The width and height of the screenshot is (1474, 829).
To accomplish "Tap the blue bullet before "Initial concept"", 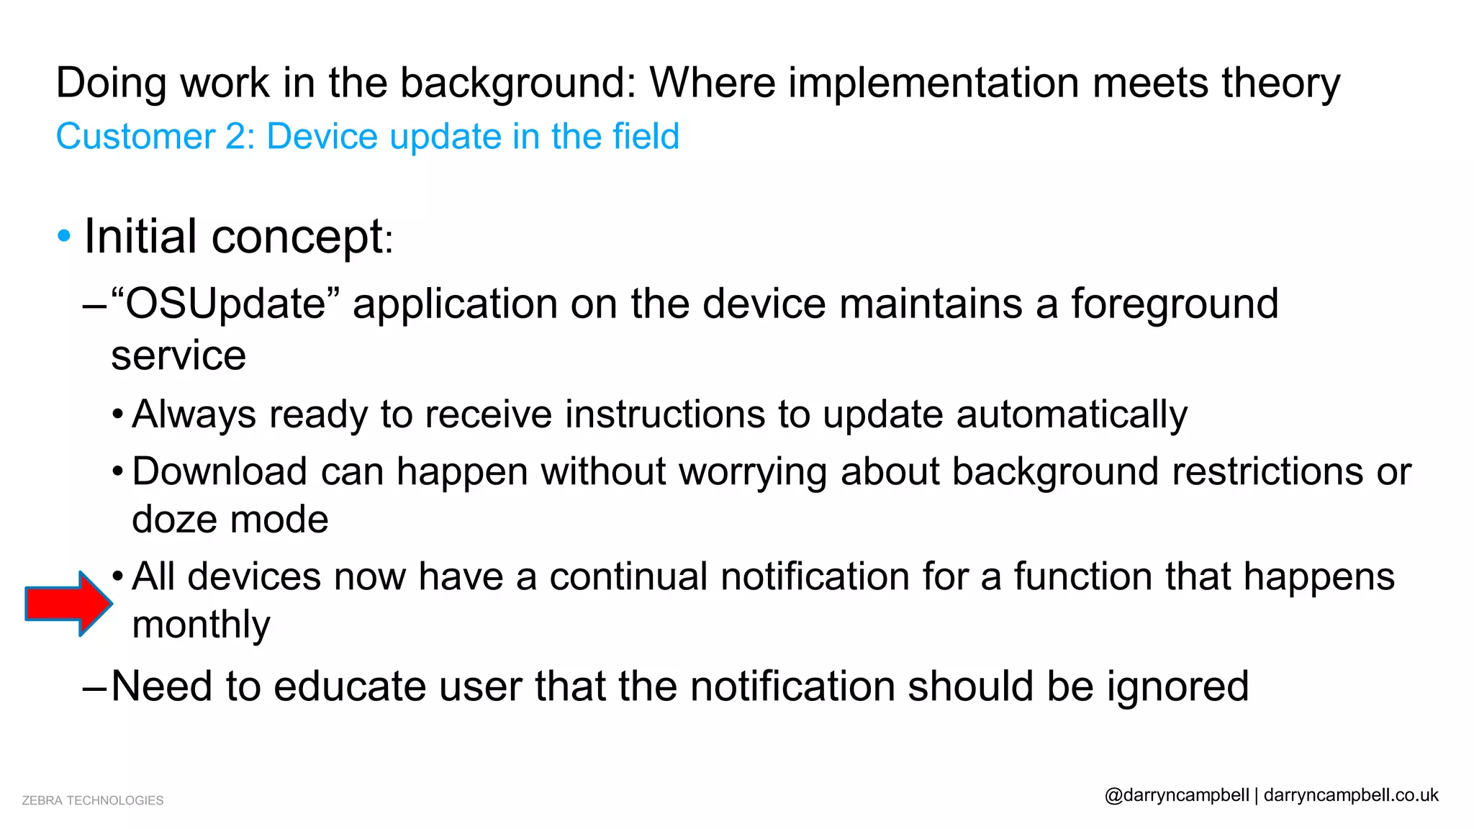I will coord(64,235).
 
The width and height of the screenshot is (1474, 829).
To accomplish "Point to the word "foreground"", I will coord(1174,304).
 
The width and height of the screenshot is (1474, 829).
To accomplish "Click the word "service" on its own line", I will coord(178,356).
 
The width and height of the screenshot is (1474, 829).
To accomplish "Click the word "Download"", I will coord(220,472).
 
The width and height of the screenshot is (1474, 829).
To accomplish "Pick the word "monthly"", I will coord(201,625).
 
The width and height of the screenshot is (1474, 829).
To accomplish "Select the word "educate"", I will coord(350,687).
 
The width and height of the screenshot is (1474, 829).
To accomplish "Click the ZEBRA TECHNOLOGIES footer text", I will coord(93,800).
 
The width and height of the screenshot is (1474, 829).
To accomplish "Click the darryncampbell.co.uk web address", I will coord(1350,795).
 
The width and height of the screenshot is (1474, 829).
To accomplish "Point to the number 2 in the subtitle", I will coord(236,137).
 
